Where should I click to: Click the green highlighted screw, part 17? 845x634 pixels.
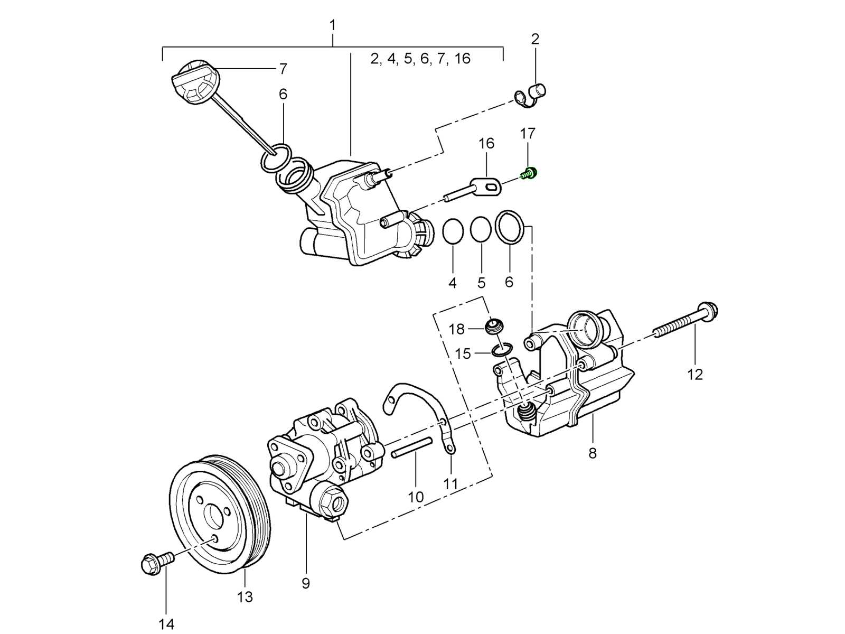528,173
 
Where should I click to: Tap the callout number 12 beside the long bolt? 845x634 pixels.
695,375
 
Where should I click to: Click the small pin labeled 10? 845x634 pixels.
412,447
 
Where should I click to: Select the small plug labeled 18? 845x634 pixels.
494,326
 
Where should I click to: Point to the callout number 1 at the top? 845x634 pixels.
333,25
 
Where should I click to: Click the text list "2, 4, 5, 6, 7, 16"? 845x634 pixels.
420,59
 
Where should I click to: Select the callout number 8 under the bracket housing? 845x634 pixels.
593,453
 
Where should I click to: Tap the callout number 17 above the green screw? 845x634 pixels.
528,134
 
